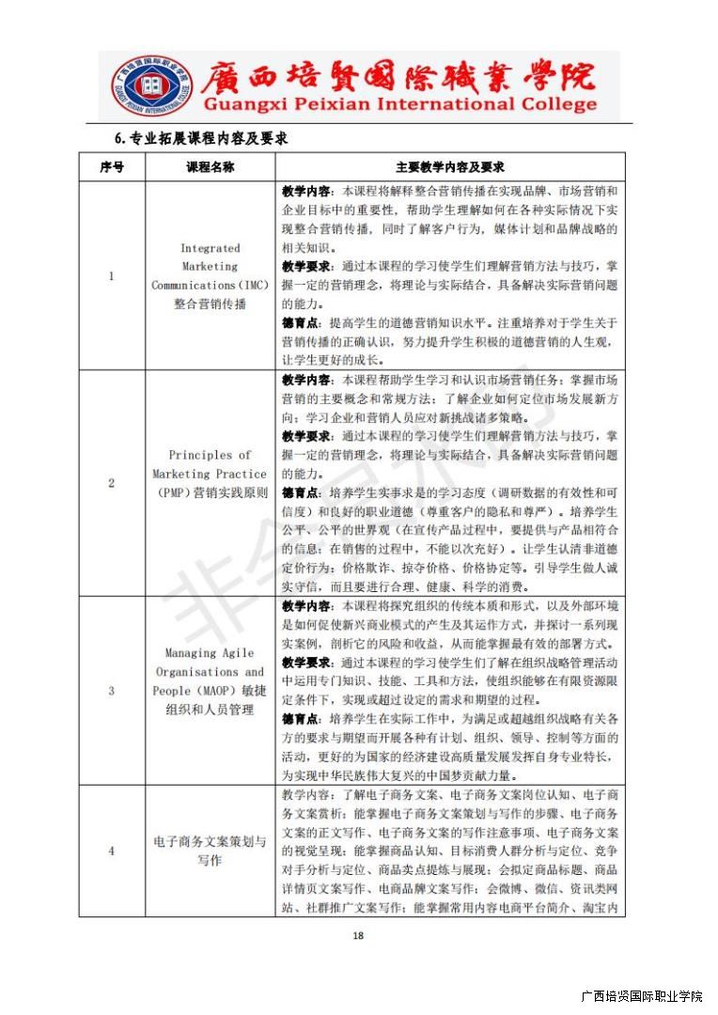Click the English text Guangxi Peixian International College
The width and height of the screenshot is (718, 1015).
tap(386, 105)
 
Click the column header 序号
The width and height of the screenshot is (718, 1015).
tap(111, 166)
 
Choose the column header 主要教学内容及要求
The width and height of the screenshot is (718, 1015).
tap(450, 166)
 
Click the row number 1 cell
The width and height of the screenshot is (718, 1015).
tap(111, 276)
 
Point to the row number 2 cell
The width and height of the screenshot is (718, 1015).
tap(111, 483)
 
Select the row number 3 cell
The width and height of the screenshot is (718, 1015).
tap(111, 691)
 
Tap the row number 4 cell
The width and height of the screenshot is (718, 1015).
tap(111, 851)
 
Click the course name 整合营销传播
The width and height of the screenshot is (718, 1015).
tap(210, 304)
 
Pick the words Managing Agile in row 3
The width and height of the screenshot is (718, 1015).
tap(210, 653)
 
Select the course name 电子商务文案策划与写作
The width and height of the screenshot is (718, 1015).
tap(210, 851)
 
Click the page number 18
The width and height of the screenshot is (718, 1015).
tap(357, 934)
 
